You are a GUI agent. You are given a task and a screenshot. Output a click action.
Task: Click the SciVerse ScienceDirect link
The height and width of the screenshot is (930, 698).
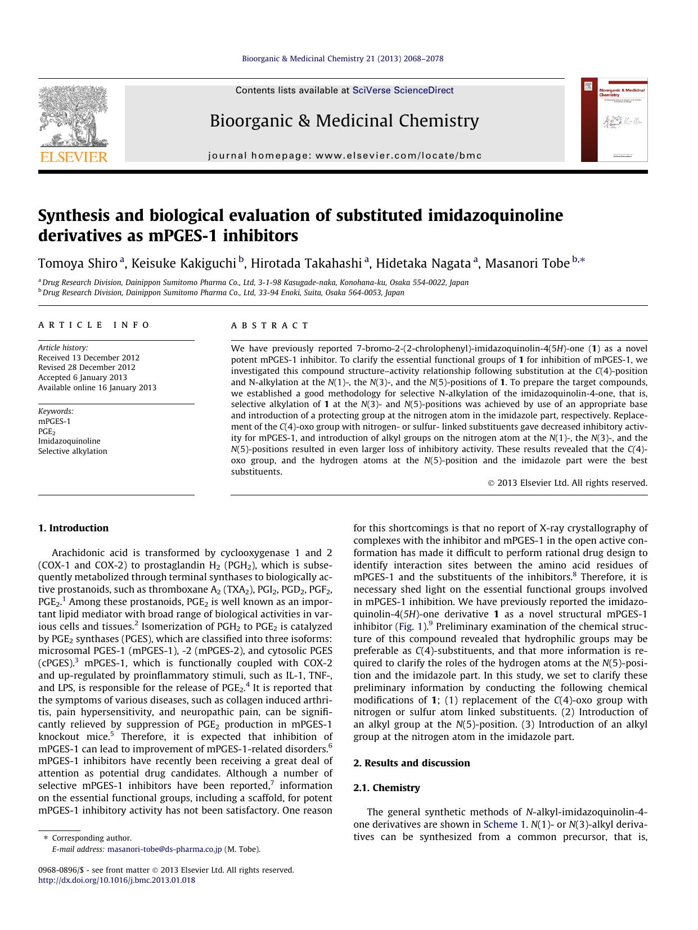(403, 91)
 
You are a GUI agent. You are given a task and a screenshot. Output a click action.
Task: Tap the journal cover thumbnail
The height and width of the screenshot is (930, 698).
(614, 120)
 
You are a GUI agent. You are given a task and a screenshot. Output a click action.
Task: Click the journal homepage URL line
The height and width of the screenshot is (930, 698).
(345, 156)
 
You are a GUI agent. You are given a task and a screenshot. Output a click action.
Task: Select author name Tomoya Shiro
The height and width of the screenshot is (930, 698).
(78, 263)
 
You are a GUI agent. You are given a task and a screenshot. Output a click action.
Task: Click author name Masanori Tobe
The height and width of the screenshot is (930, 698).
(527, 263)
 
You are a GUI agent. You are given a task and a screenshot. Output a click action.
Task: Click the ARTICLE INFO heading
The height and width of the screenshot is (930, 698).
(94, 325)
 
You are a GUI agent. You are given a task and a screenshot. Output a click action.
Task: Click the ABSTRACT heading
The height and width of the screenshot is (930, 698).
(270, 326)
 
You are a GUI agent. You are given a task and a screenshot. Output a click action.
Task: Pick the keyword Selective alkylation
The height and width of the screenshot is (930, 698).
(73, 452)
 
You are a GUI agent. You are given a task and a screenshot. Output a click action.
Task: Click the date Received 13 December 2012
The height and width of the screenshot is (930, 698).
(89, 358)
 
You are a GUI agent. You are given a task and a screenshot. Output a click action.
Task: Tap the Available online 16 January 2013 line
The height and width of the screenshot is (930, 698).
(97, 387)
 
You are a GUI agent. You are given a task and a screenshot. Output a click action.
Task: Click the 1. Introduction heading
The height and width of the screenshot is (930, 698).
(73, 528)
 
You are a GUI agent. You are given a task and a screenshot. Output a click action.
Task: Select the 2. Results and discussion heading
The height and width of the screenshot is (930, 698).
(411, 763)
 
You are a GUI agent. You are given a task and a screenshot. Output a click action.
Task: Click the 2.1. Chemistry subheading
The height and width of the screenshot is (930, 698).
(386, 788)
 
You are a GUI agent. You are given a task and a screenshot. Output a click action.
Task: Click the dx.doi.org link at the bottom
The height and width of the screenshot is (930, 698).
(116, 881)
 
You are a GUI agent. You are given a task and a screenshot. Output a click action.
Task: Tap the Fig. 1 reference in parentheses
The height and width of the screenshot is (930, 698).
(411, 626)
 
